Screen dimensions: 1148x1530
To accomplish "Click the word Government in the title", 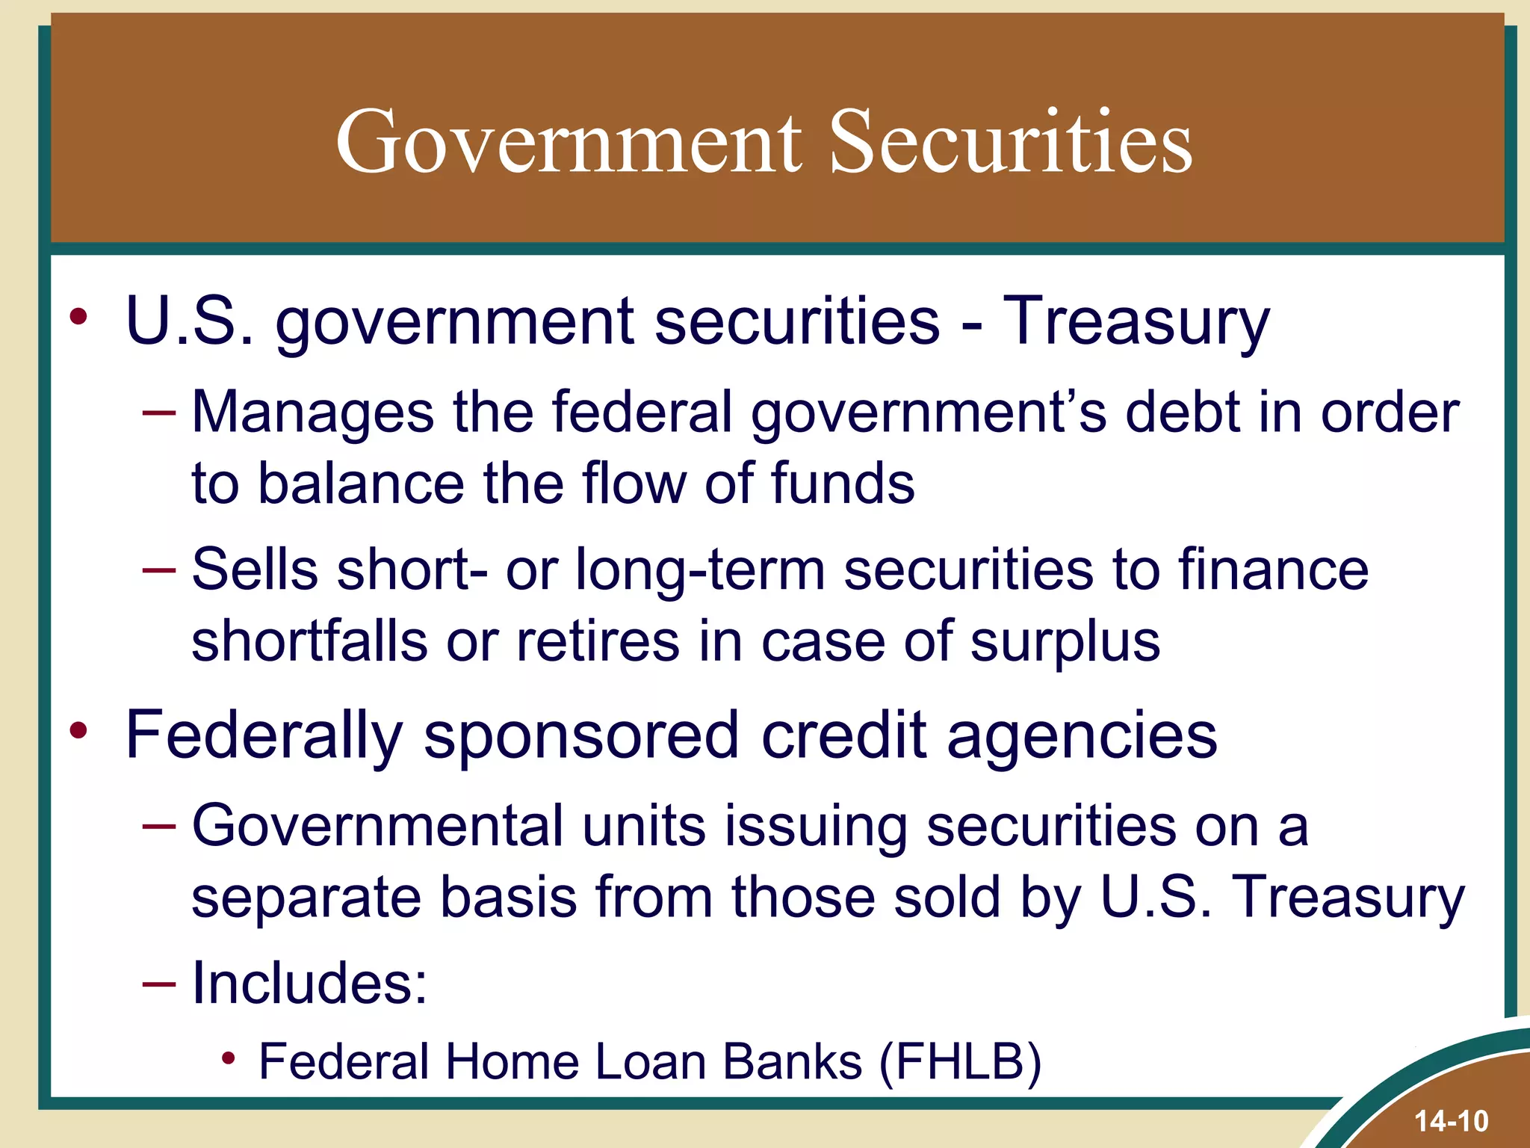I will [569, 142].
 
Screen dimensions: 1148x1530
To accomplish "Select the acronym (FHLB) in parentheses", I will [960, 1062].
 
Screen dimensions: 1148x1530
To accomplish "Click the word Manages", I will [313, 412].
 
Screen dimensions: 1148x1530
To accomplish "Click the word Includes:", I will [310, 982].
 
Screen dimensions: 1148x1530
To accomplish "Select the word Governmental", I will [377, 826].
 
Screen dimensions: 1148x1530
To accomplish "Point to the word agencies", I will [1083, 735].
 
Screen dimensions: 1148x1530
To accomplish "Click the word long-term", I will [700, 570].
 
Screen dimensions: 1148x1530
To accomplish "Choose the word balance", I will [361, 484].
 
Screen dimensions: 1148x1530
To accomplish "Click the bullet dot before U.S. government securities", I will [78, 317].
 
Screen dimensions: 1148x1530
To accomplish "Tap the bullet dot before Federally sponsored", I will [78, 730].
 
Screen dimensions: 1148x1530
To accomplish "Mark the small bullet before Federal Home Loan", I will [229, 1058].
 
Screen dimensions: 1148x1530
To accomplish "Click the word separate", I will [307, 897].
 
